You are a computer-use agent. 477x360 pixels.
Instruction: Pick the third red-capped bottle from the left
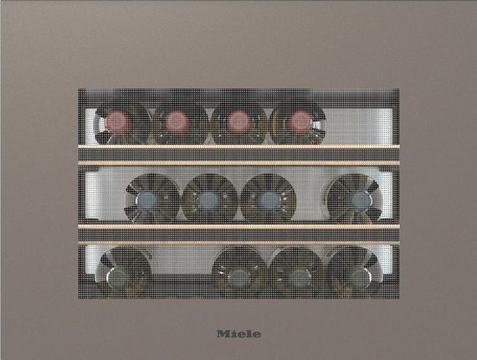tap(238, 125)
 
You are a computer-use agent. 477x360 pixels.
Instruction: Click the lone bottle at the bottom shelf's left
tap(123, 270)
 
